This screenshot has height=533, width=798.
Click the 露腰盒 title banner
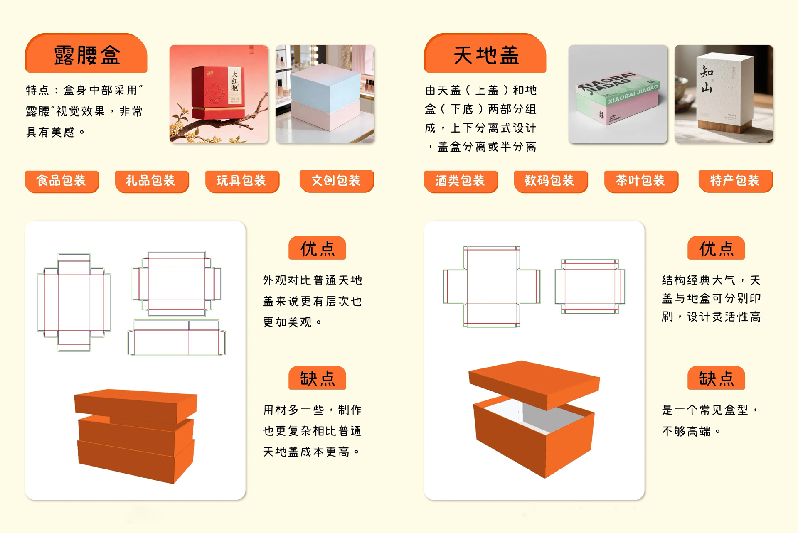tap(86, 54)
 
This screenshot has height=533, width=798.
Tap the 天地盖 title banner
tap(485, 54)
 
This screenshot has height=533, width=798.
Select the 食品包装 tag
tap(62, 181)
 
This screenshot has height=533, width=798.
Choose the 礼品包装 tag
tap(152, 181)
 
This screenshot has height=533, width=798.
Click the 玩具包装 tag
tap(242, 181)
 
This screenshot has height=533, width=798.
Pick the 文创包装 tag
tap(337, 181)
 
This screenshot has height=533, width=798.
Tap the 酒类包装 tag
tap(461, 181)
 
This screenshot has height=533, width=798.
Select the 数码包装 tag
tap(551, 181)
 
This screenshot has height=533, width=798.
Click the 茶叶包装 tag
tap(641, 181)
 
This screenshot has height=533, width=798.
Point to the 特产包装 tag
tap(736, 181)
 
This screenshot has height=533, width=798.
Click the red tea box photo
tap(219, 94)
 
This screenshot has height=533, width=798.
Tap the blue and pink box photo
tap(325, 94)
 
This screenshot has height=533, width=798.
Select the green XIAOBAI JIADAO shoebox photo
tap(618, 94)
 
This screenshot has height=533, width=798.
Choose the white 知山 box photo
tap(724, 94)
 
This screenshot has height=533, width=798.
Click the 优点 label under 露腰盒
tap(317, 248)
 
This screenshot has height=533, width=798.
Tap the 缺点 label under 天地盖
tap(716, 378)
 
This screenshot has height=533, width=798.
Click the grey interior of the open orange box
tap(540, 418)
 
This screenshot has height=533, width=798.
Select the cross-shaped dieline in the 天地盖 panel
tap(492, 286)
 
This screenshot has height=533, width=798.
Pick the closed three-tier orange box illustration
tap(135, 436)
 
